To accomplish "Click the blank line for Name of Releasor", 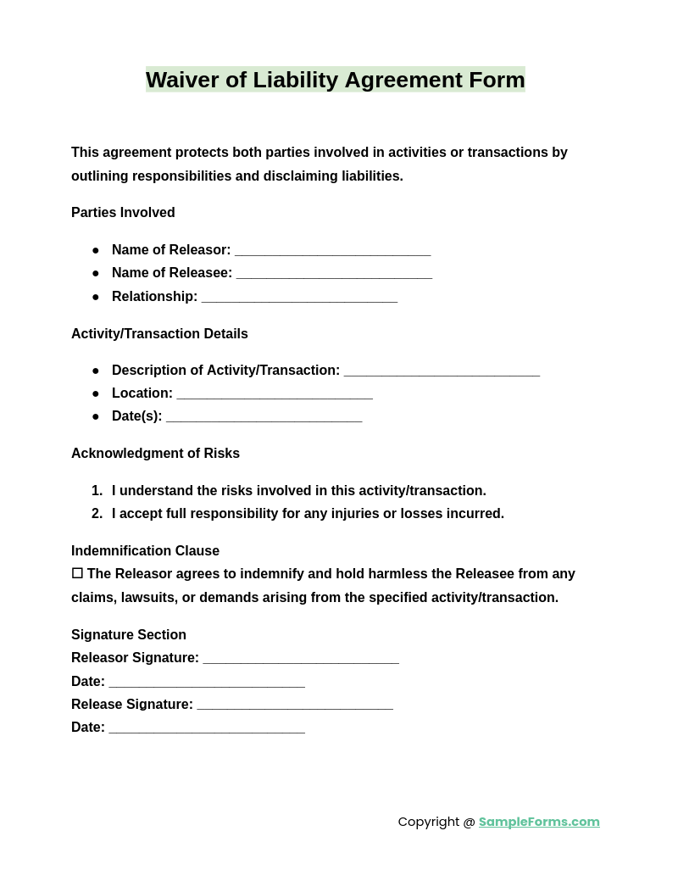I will [332, 251].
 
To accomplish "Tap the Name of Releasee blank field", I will [334, 274].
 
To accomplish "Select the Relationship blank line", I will [299, 298].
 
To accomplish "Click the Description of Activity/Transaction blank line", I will [442, 371].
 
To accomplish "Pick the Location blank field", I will [275, 394].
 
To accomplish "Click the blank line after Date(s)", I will [264, 417].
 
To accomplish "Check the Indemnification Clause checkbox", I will [77, 574].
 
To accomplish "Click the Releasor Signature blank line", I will [301, 659].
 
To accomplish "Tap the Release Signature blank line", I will [295, 705].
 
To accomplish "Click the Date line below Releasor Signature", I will [207, 683].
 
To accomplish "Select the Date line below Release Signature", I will [207, 728].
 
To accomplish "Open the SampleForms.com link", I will [538, 822].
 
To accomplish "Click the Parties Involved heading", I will [123, 213].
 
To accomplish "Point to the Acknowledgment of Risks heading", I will [155, 454].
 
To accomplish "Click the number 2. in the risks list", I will [97, 514].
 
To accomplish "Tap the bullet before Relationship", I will [96, 297].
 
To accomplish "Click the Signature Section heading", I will [129, 635].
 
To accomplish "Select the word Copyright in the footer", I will [428, 822].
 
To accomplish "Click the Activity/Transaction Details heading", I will [159, 334].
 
